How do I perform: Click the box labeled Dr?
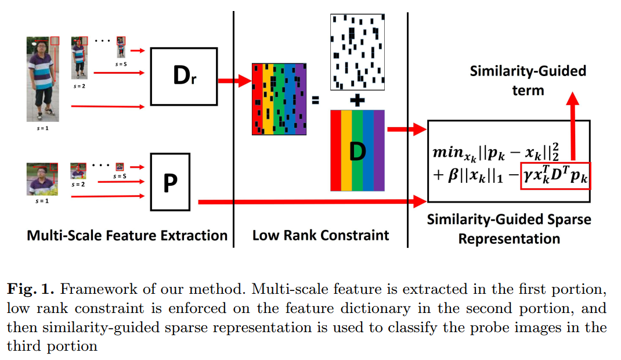183,75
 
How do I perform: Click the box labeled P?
170,182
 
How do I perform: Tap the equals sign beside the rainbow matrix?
316,99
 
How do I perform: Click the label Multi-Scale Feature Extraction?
127,235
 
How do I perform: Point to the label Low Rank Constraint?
320,235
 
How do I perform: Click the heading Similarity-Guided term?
528,80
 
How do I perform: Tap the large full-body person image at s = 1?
38,78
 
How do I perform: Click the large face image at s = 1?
38,179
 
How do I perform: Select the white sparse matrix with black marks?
358,52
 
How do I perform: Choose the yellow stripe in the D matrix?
346,150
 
